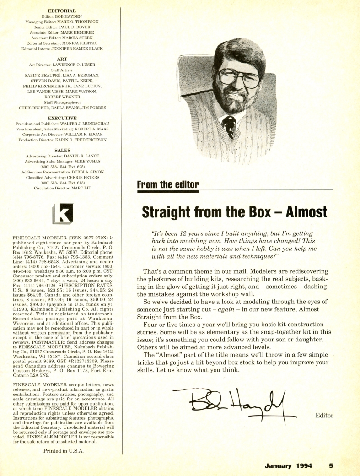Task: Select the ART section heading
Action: (x=61, y=59)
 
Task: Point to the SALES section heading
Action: (x=61, y=149)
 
